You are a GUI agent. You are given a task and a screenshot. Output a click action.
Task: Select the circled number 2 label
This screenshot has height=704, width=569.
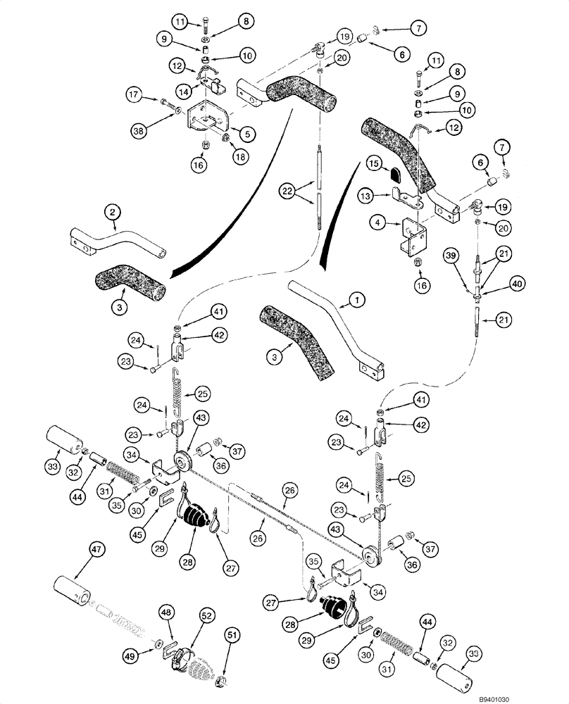[x=111, y=210]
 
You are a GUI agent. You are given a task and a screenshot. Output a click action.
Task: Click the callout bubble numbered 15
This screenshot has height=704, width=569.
[x=373, y=164]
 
